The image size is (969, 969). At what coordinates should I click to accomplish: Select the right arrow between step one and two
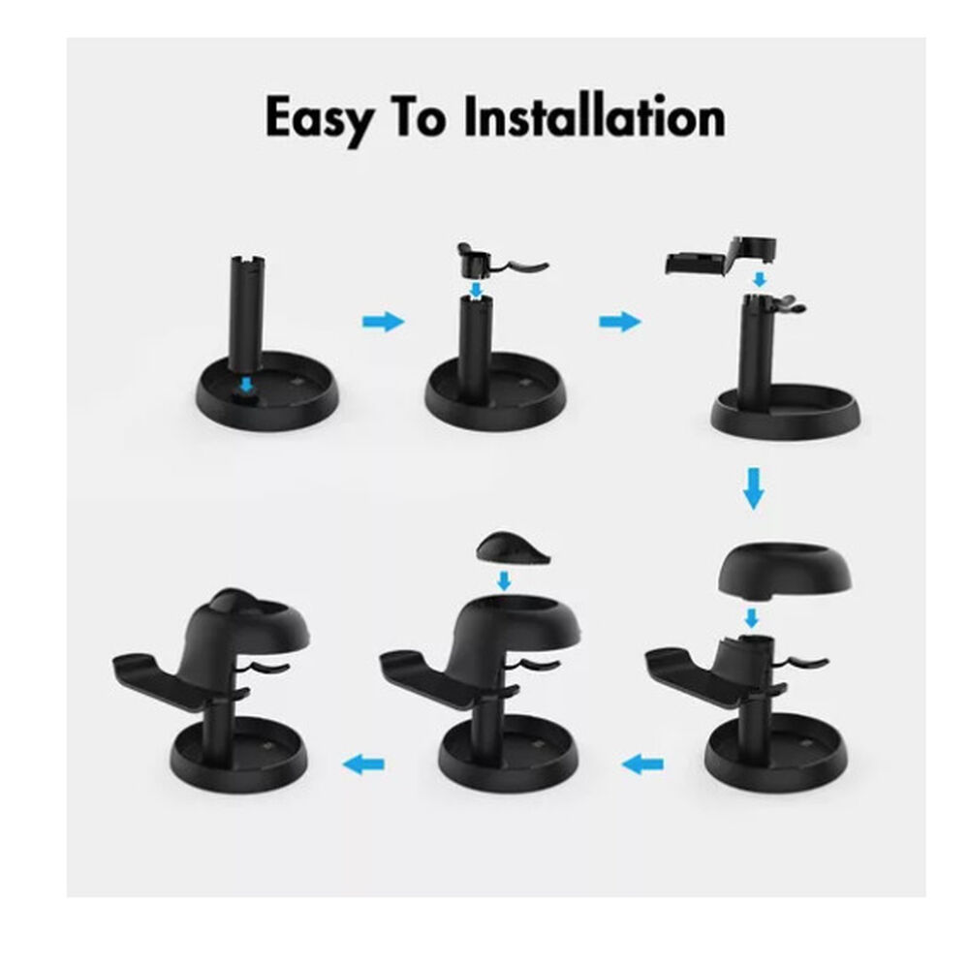[383, 323]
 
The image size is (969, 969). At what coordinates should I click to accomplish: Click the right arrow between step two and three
[619, 323]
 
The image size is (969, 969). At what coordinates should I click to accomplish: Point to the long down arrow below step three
[753, 489]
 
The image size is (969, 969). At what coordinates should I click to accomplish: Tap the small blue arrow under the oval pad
[503, 581]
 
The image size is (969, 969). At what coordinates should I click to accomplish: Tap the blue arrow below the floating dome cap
[752, 617]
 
